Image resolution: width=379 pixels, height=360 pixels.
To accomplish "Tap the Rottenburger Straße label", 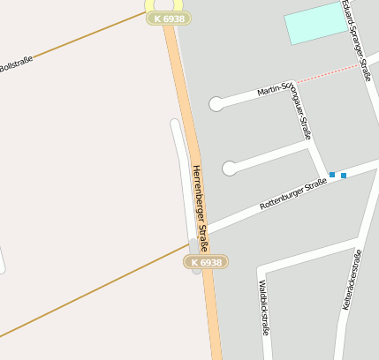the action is coord(293,193).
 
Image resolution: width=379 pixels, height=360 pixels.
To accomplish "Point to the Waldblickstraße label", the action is coord(263,309).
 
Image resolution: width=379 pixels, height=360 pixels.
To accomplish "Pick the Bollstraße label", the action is coord(15,65).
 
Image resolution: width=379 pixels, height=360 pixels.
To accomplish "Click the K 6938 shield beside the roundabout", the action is coord(169,19).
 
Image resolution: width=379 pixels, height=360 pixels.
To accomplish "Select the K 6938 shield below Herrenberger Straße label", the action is coord(207,262).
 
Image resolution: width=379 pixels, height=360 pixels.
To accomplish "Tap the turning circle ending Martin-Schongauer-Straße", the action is coord(216,104).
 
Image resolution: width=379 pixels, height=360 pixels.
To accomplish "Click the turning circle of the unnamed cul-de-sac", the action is coord(230,168).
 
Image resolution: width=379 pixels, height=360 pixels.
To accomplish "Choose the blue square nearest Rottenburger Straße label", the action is coord(332,175).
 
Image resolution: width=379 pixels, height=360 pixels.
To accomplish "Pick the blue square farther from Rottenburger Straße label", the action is coord(344,175).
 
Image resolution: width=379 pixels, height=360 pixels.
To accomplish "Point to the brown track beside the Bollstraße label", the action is coord(80,40).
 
